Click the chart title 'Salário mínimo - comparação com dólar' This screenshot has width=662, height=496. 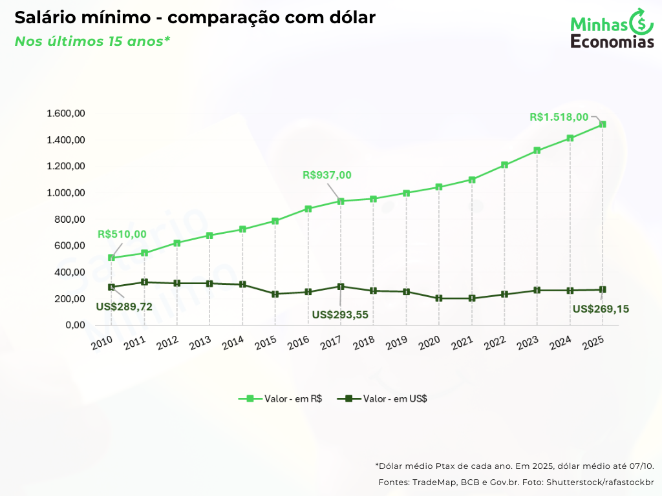tap(195, 18)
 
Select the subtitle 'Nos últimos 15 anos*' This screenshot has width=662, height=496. tap(92, 41)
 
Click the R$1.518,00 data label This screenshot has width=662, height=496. tap(559, 117)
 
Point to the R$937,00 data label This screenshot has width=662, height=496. tap(327, 175)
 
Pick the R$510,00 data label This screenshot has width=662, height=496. tap(122, 234)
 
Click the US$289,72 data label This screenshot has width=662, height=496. tap(124, 307)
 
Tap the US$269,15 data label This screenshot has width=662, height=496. tap(601, 309)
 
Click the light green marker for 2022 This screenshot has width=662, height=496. tap(504, 165)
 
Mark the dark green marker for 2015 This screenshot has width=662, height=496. tap(275, 294)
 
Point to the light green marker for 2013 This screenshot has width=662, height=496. tap(209, 235)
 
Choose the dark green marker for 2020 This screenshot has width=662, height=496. tap(439, 298)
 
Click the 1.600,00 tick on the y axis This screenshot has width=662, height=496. tap(66, 114)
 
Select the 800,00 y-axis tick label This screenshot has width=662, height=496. tap(70, 220)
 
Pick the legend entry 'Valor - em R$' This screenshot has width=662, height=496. tap(281, 398)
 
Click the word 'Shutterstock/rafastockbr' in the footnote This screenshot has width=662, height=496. tap(600, 482)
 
